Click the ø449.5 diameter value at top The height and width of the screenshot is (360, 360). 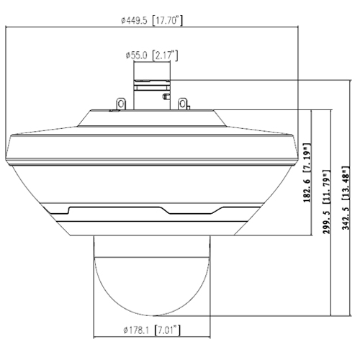134,21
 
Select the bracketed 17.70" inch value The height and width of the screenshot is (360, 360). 168,20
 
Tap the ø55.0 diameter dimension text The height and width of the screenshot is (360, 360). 136,55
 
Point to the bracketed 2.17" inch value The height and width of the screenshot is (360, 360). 166,55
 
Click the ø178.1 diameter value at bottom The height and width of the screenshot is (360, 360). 136,330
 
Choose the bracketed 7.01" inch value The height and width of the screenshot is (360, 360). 168,330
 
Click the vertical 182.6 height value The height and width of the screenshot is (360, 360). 307,191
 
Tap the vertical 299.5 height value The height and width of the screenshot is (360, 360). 326,222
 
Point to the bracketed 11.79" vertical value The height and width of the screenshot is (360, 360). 326,187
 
